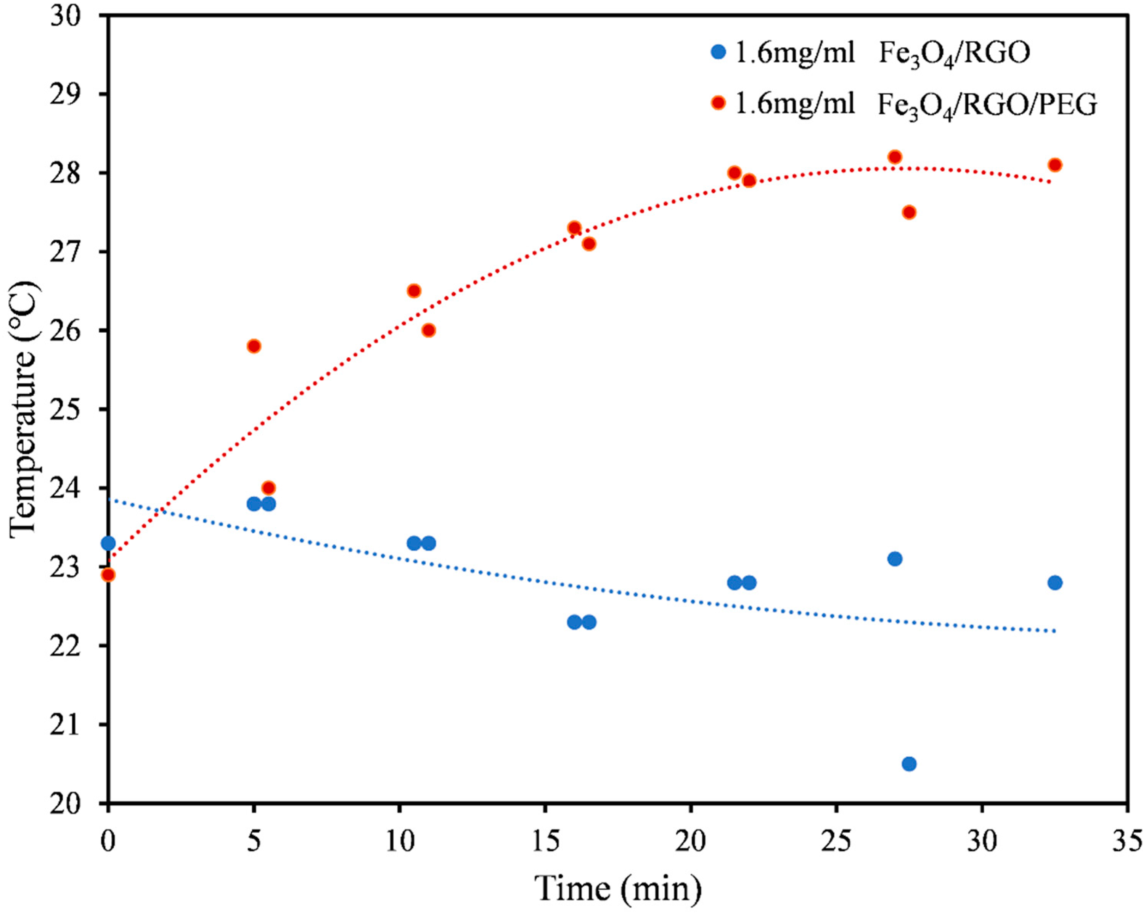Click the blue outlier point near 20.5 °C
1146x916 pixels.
click(x=909, y=764)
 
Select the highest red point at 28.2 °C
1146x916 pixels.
click(x=895, y=157)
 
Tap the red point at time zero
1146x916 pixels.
click(x=108, y=575)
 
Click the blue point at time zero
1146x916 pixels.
click(x=108, y=543)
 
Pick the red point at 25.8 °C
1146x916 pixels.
click(x=254, y=346)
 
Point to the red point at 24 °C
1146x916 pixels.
click(x=268, y=488)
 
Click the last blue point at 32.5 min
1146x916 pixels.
click(x=1055, y=583)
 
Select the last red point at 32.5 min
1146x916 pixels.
click(x=1055, y=165)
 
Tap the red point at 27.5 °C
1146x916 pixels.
click(x=909, y=212)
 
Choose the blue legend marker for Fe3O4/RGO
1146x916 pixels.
click(x=718, y=52)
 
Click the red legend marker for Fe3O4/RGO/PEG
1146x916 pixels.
click(x=718, y=103)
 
